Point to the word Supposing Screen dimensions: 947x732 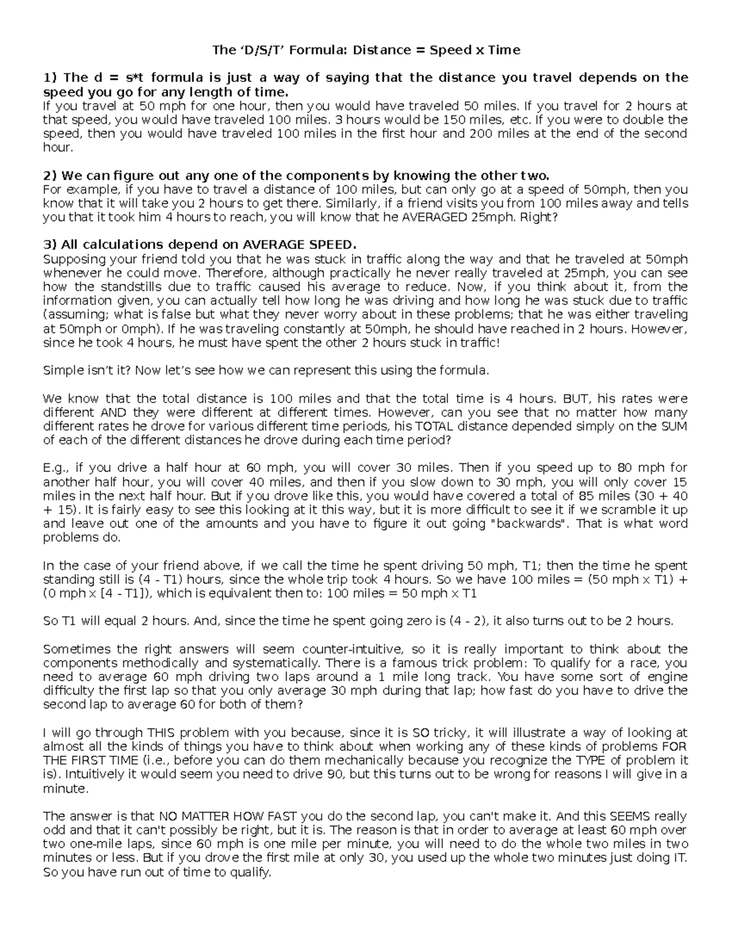point(70,259)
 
